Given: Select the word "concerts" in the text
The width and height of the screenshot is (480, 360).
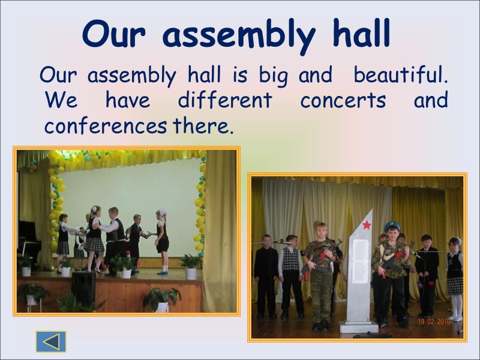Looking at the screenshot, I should click(343, 100).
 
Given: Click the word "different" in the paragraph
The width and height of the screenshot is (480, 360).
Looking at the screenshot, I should click(224, 100).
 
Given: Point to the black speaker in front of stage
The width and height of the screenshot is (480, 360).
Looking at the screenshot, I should click(83, 287).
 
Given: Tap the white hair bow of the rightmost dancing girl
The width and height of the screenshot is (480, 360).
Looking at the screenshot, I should click(161, 212).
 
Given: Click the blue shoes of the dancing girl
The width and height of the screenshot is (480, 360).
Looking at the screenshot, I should click(162, 271).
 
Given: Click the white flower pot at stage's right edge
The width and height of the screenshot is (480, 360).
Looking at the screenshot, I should click(191, 274).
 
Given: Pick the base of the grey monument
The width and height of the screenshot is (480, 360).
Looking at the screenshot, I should click(358, 327).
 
